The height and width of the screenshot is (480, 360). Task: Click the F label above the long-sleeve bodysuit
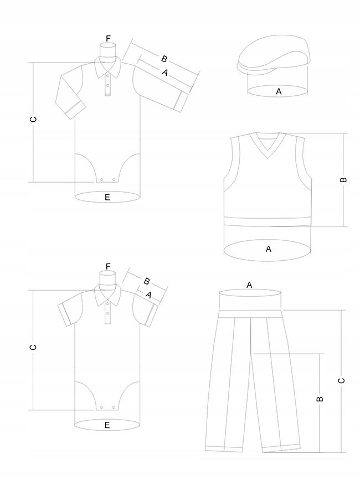click(x=108, y=38)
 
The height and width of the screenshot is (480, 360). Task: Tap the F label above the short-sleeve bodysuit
click(x=108, y=266)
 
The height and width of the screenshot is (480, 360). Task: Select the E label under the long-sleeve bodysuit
click(x=107, y=197)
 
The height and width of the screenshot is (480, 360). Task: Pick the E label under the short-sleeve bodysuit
click(x=107, y=425)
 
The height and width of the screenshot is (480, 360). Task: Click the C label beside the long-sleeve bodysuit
click(x=33, y=120)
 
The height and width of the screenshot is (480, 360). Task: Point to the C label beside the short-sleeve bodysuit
click(x=33, y=348)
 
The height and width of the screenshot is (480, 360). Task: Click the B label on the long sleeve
click(x=164, y=59)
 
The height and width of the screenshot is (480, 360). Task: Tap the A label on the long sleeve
click(x=164, y=72)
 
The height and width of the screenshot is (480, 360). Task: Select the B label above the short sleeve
click(x=147, y=281)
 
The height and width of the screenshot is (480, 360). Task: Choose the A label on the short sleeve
click(x=148, y=295)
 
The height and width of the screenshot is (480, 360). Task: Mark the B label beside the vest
click(x=343, y=180)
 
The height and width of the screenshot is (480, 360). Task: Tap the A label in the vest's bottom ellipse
click(x=269, y=249)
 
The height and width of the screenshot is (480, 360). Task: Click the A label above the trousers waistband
click(x=249, y=285)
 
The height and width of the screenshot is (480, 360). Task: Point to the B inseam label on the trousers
click(x=319, y=399)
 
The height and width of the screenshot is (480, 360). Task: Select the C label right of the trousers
click(x=341, y=380)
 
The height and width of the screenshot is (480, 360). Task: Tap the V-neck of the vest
click(x=268, y=147)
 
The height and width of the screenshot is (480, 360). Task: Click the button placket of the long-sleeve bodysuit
click(x=107, y=86)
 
